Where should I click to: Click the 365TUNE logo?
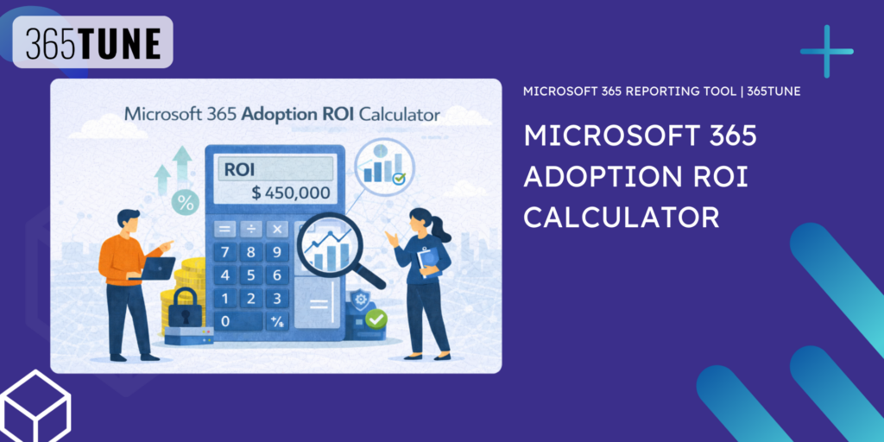[x=93, y=43]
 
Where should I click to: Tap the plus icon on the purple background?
[x=826, y=52]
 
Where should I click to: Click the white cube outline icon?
[x=35, y=406]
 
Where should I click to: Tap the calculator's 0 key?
[x=225, y=321]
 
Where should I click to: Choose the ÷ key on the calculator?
[x=251, y=229]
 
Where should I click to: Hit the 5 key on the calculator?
[x=251, y=275]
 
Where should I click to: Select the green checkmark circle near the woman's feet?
[x=376, y=320]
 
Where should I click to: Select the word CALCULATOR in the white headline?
[x=622, y=216]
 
